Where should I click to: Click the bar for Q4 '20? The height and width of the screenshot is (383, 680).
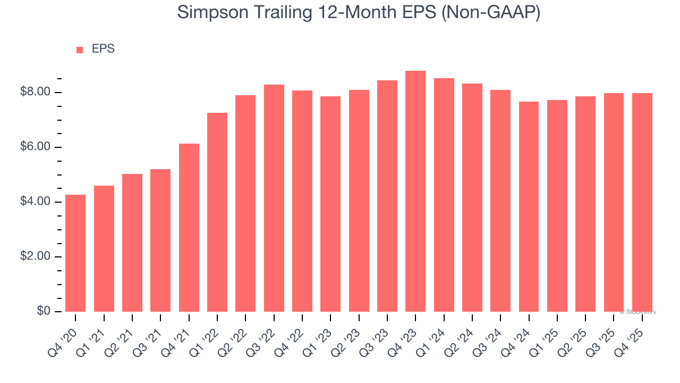click(75, 253)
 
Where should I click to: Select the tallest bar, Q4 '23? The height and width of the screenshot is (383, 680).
click(415, 191)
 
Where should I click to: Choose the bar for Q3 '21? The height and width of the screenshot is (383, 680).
click(160, 240)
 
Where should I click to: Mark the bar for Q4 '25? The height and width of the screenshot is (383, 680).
click(642, 202)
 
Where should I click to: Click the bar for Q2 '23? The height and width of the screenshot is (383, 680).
click(359, 201)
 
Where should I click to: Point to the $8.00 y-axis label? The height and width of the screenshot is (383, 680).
click(36, 93)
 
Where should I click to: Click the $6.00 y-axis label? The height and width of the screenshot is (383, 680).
click(36, 147)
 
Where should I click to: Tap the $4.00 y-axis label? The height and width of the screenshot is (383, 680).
click(36, 202)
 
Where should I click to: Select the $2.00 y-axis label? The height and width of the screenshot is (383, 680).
click(36, 257)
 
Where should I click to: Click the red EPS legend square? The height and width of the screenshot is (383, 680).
click(80, 50)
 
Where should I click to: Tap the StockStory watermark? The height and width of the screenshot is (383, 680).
click(639, 312)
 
